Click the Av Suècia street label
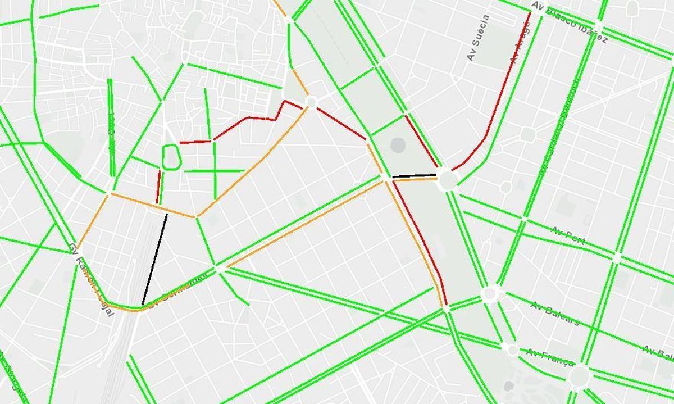pos(478,38)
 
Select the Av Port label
pos(568,236)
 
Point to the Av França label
pos(550,357)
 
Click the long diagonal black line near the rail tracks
pos(155,259)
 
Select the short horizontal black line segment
pos(414,176)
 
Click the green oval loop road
pos(171,157)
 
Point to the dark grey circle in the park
pos(398,145)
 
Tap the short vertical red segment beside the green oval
pos(158,187)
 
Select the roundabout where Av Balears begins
pos(491,293)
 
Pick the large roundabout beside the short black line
pos(448,180)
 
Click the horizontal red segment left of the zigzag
pos(195,142)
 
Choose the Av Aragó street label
pos(520,42)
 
